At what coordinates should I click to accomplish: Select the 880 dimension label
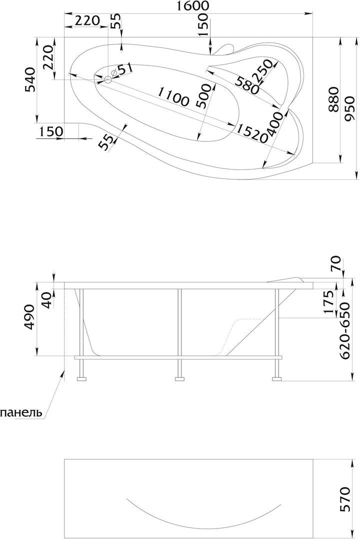pos(333,100)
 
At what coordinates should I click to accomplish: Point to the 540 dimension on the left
pos(31,79)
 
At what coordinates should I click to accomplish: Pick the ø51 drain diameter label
pos(122,70)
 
